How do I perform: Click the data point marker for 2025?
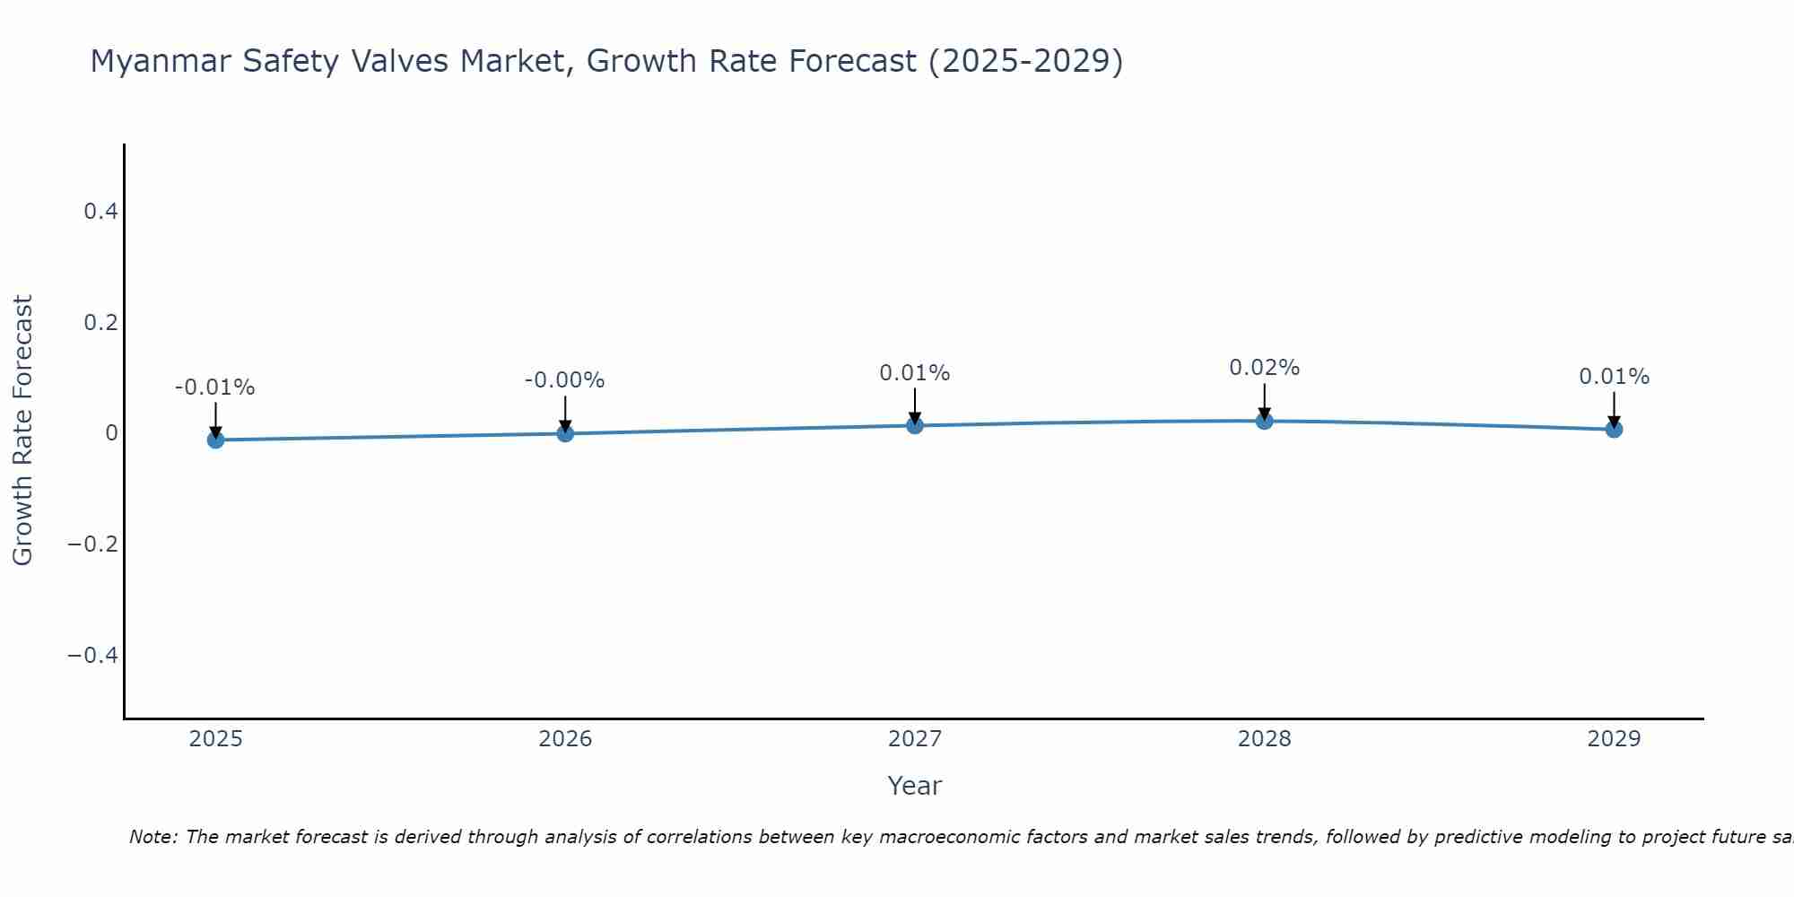[215, 440]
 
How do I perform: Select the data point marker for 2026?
[565, 433]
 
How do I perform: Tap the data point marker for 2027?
[915, 425]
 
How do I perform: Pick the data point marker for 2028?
[1265, 420]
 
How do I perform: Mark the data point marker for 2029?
[1614, 429]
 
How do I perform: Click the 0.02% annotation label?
[1264, 368]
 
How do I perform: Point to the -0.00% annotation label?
[564, 380]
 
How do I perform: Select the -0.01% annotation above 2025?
[214, 388]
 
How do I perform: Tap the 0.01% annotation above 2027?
[914, 373]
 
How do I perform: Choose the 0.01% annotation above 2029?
[1614, 377]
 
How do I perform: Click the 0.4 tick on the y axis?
[100, 212]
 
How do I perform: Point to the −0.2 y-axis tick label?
[92, 544]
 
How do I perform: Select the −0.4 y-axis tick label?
[92, 656]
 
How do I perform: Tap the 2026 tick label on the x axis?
[565, 739]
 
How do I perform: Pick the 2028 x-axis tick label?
[1264, 739]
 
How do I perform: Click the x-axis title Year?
[914, 786]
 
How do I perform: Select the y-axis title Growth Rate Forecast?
[22, 431]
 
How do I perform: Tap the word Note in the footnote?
[152, 837]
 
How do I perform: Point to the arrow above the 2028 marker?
[1265, 401]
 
